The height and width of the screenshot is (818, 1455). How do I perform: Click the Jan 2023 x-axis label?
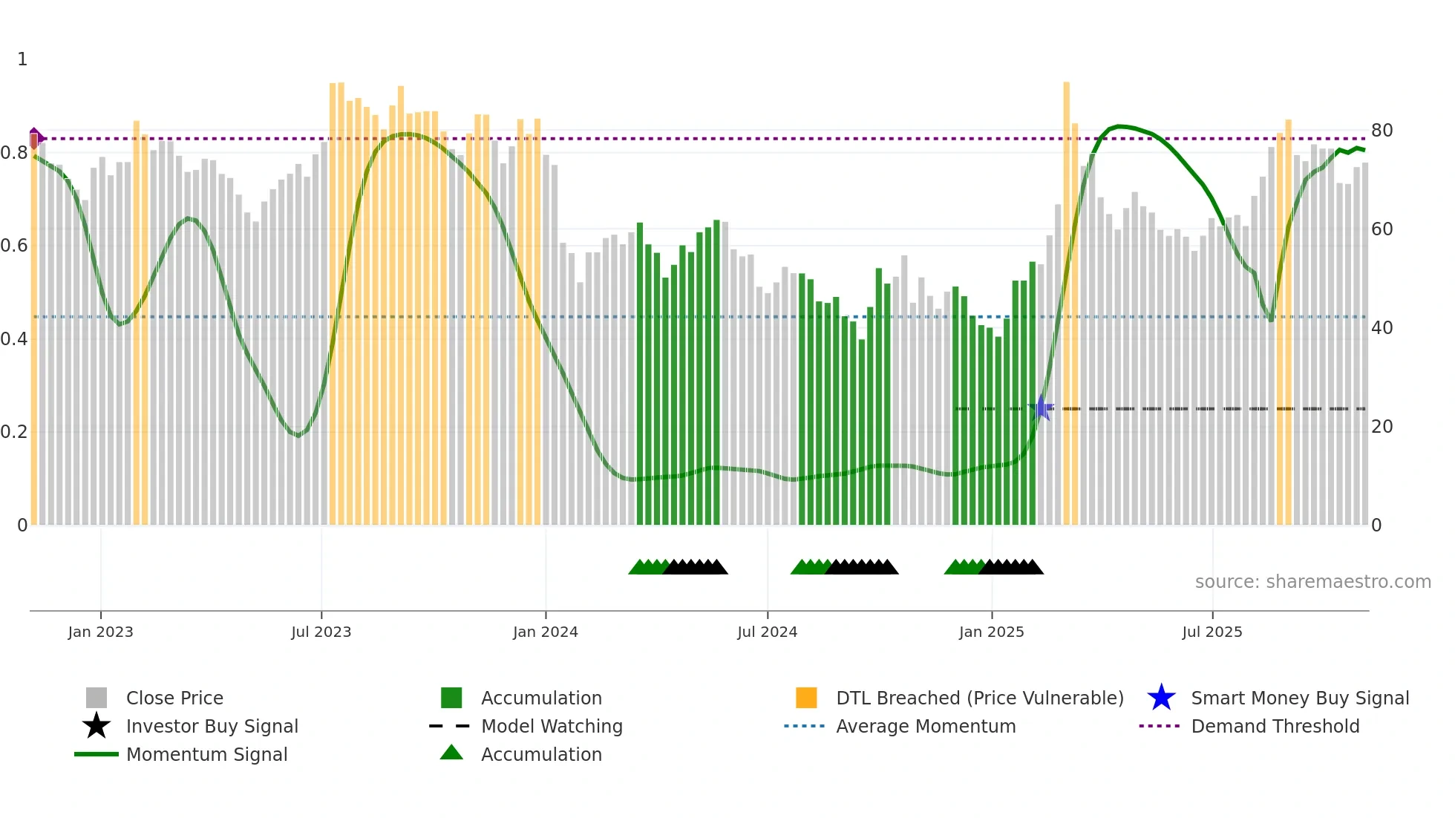point(100,632)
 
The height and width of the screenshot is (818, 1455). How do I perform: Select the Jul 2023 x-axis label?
point(321,632)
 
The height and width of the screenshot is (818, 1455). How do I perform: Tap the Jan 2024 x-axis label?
point(545,632)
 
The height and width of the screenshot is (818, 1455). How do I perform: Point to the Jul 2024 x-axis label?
point(767,632)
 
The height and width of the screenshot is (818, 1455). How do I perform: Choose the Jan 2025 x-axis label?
point(991,632)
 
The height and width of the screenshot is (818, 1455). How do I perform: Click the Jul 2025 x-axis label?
point(1212,632)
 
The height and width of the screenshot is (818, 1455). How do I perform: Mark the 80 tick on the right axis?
point(1382,131)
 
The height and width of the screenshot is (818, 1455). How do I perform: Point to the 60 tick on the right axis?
point(1382,229)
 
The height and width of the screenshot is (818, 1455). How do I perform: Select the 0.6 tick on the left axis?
point(14,246)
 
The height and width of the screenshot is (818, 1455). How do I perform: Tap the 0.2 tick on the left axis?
point(14,432)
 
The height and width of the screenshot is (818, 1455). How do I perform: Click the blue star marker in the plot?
point(1042,408)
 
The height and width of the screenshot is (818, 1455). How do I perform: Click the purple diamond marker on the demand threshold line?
point(35,138)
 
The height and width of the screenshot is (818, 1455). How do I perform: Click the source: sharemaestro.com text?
point(1312,582)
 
